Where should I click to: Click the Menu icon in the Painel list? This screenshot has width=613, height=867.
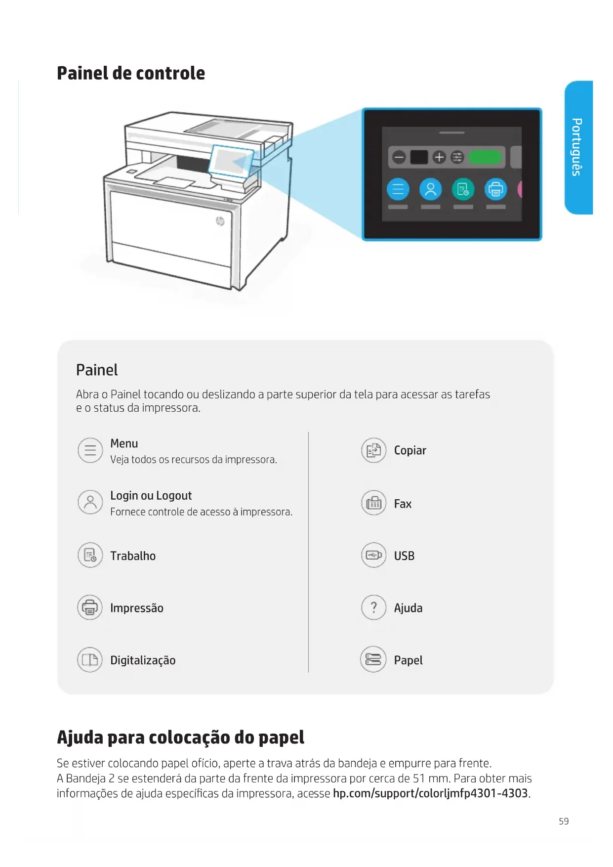tap(90, 450)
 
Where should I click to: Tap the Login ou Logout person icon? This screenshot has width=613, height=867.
tap(90, 502)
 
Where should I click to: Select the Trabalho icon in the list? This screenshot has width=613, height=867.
tap(90, 555)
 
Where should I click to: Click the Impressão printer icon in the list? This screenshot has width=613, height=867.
tap(90, 607)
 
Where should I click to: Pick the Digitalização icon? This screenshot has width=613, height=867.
tap(90, 660)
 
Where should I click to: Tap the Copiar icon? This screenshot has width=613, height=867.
tap(373, 450)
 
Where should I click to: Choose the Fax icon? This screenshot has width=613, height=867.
tap(373, 503)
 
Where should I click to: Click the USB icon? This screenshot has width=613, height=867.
tap(373, 555)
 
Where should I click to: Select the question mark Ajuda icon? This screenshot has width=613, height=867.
tap(373, 607)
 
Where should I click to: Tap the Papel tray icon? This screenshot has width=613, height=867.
tap(373, 659)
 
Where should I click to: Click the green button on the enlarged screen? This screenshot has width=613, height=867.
tap(485, 157)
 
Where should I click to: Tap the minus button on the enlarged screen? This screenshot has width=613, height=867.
tap(399, 157)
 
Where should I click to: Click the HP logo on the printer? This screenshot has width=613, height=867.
tap(220, 221)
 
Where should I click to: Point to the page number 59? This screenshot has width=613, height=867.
tap(564, 821)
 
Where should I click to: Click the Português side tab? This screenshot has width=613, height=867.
tap(578, 147)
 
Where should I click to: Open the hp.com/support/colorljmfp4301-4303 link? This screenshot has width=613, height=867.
tap(431, 793)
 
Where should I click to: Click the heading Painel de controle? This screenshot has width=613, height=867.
tap(131, 73)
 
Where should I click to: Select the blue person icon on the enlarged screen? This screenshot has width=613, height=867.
tap(430, 189)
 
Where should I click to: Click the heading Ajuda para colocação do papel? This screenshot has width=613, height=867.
tap(180, 737)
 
